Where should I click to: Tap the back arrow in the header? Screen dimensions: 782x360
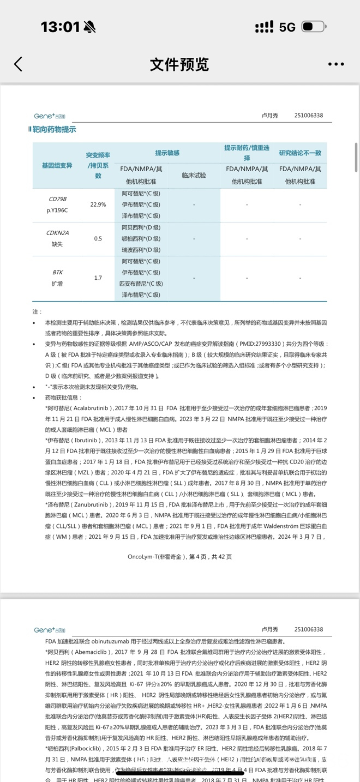(19, 64)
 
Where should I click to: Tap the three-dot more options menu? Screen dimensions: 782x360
(336, 64)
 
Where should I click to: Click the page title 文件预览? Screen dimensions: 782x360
(179, 64)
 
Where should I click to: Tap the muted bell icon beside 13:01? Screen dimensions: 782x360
(89, 27)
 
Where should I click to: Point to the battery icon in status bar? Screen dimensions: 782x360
(314, 27)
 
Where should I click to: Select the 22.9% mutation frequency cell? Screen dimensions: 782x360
(98, 204)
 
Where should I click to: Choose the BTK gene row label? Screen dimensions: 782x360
(57, 272)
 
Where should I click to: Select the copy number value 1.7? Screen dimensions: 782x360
(98, 278)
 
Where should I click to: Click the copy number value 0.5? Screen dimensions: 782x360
(98, 238)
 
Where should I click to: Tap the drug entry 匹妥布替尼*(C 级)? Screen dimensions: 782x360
(141, 284)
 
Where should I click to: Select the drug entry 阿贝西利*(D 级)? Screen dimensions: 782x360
(141, 227)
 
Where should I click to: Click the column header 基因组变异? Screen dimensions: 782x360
(57, 165)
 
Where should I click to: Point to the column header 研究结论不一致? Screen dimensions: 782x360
(300, 153)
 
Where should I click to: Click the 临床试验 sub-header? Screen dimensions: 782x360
(194, 175)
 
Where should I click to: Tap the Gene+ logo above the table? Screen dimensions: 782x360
(49, 116)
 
